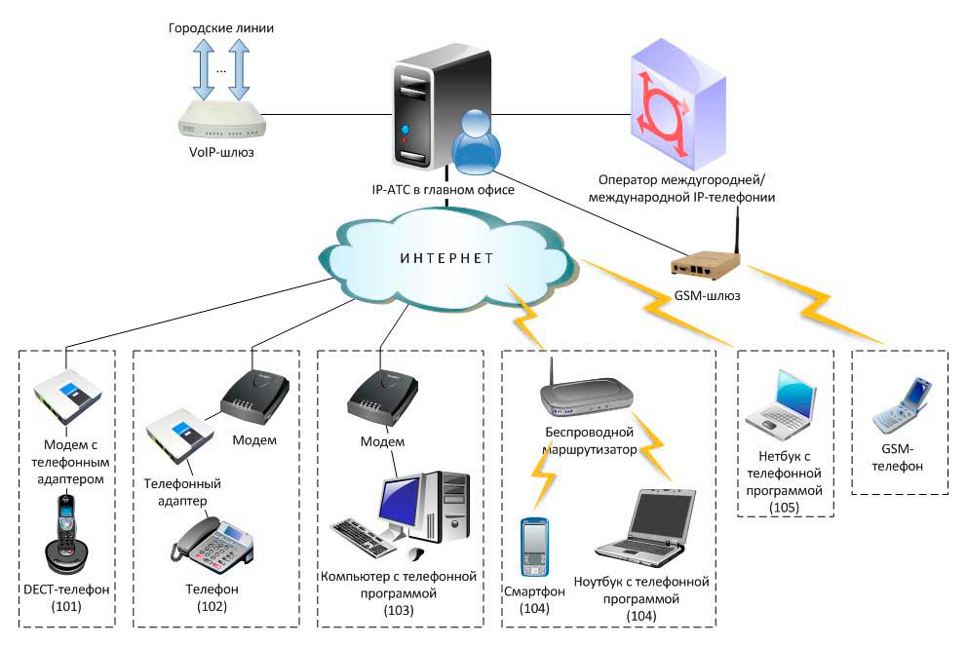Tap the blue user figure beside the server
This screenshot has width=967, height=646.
click(476, 142)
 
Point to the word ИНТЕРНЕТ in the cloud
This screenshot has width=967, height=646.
click(446, 258)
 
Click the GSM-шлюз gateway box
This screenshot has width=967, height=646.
click(705, 263)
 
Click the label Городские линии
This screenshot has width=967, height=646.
click(220, 27)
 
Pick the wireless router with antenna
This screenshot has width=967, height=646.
click(586, 392)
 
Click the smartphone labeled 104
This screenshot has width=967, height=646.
click(534, 548)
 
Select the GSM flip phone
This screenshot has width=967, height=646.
click(903, 405)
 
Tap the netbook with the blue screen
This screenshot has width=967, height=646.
click(782, 405)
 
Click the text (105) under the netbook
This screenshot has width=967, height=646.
click(784, 508)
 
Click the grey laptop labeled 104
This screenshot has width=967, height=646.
click(645, 528)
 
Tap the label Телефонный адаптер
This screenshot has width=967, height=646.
click(182, 492)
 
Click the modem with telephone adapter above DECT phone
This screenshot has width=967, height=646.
click(68, 397)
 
